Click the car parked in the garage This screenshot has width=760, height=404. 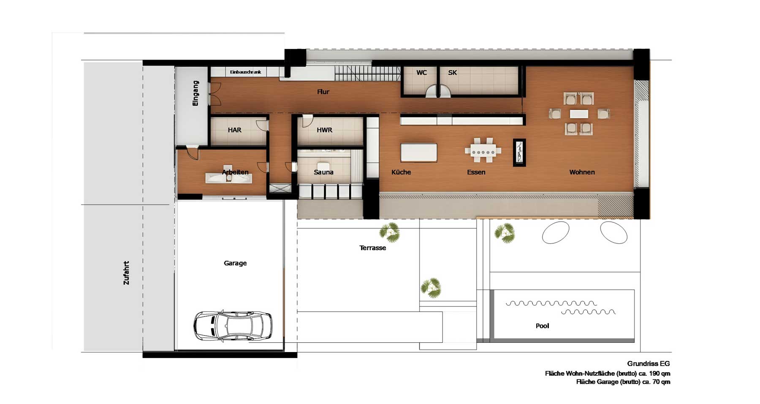pos(233,326)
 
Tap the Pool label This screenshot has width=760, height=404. pos(542,326)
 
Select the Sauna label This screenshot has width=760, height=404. pos(323,172)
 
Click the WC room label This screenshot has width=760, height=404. pos(421,73)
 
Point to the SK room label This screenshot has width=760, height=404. pos(452,73)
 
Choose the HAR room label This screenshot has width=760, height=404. pos(234,130)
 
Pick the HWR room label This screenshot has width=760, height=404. pos(324,130)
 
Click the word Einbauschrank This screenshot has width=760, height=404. pos(245,72)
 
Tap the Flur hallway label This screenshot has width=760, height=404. pos(323,92)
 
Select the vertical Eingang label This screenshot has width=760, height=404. pos(195,93)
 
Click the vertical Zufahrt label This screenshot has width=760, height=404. pos(126,273)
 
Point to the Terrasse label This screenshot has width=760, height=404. pos(372,248)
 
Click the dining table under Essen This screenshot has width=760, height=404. pos(483,150)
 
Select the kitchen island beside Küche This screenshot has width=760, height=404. pos(419,152)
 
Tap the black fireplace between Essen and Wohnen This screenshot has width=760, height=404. pos(519,153)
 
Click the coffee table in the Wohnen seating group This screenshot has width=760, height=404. pos(578,114)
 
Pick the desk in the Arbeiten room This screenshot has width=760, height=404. pos(229,177)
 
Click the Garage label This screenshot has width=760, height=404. pos(235,263)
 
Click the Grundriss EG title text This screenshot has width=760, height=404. pos(649,363)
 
